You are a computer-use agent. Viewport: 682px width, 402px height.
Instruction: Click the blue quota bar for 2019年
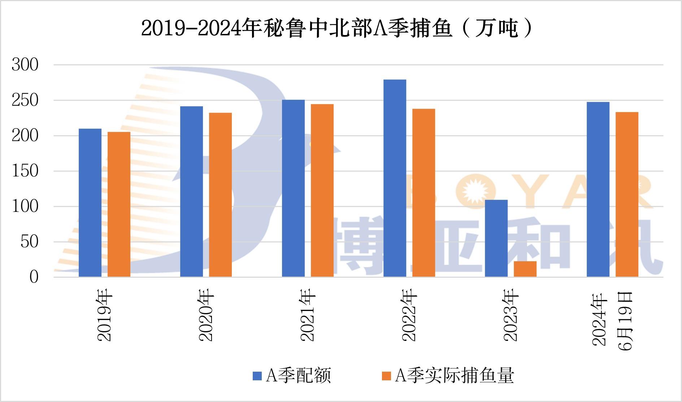pos(90,203)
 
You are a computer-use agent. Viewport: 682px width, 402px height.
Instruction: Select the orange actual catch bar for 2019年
pos(119,204)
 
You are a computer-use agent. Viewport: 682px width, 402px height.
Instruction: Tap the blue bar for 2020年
pos(191,191)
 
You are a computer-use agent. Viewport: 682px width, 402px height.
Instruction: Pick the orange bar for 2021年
pos(322,190)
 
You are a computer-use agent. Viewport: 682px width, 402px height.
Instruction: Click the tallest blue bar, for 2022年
pos(395,178)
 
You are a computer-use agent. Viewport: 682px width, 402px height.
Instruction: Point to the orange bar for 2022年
pos(423,193)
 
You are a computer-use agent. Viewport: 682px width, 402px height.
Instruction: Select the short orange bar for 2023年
pos(525,269)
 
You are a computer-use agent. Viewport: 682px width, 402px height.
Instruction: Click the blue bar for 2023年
pos(496,238)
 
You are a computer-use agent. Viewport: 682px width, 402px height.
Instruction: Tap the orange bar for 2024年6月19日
pos(627,194)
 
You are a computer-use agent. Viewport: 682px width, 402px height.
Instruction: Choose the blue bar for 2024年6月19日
pos(598,189)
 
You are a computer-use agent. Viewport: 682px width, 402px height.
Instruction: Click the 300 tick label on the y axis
pos(25,65)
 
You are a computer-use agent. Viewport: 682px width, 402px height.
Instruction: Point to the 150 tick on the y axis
pos(25,171)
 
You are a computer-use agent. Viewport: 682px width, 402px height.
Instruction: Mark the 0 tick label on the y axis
pos(34,277)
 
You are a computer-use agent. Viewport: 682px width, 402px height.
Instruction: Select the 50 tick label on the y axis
pos(29,242)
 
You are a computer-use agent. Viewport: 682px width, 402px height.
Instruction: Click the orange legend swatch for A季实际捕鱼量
pos(386,376)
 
